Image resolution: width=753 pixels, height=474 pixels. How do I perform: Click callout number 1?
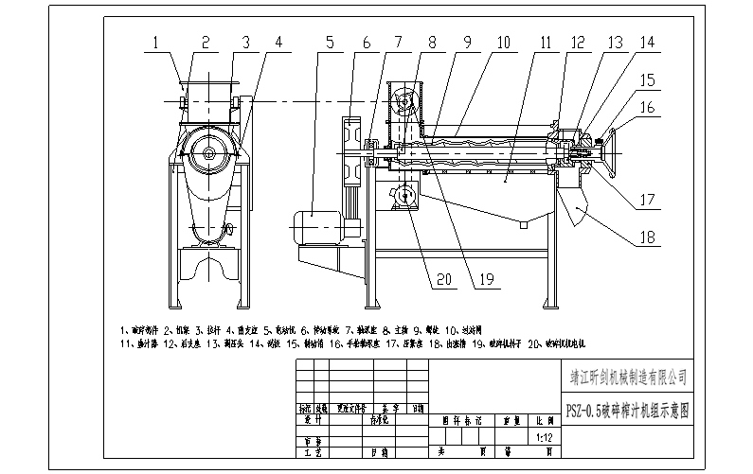157,43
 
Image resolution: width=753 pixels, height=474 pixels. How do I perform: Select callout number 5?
328,43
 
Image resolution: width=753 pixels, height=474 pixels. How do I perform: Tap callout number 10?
502,43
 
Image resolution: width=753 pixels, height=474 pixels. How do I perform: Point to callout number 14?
647,43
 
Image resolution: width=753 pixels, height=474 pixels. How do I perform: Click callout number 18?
646,238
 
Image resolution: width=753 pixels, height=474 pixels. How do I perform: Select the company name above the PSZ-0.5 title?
625,376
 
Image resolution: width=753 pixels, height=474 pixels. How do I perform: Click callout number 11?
545,43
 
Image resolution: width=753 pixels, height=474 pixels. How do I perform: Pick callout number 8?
432,43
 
